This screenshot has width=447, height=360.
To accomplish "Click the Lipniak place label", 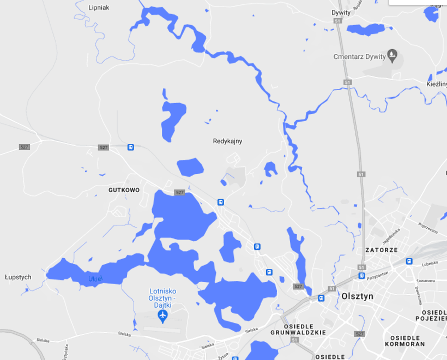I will [99, 8].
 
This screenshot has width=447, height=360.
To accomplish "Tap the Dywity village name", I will [341, 13].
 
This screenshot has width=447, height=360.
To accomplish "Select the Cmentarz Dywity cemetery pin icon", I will [391, 55].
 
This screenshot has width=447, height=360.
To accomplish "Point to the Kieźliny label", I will [437, 84].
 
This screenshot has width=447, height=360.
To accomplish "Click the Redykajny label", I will [227, 141].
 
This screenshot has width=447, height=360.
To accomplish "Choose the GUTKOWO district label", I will [124, 190].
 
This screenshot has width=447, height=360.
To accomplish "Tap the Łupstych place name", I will [18, 277].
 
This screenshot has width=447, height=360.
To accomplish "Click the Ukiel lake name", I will [95, 279].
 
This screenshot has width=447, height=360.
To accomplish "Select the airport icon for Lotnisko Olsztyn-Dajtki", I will [162, 316].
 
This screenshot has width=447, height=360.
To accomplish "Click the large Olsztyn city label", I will [357, 296].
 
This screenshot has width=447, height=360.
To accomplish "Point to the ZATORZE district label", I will [381, 250].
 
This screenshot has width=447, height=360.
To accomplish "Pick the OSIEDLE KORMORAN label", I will [404, 341].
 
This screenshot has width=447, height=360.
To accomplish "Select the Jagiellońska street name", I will [391, 236].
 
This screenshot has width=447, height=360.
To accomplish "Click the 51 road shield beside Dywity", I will [339, 21].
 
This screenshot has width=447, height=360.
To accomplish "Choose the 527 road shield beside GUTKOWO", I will [179, 193].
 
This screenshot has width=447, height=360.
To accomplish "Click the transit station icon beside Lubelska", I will [409, 261].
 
